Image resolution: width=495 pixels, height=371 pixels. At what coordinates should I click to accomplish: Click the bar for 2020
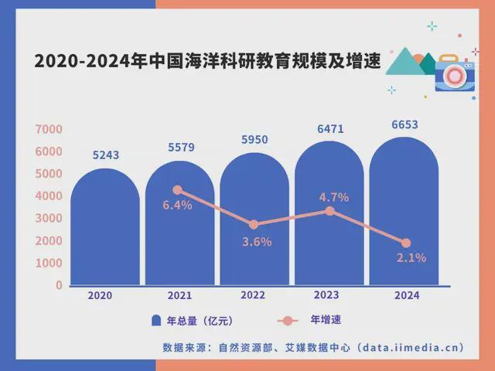pyautogui.click(x=105, y=232)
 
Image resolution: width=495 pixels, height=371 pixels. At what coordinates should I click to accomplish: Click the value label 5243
pyautogui.click(x=105, y=155)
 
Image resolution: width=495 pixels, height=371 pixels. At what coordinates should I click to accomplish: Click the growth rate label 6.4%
pyautogui.click(x=177, y=205)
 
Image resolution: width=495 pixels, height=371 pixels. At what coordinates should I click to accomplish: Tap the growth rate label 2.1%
pyautogui.click(x=411, y=258)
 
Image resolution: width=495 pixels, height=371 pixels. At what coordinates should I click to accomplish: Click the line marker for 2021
pyautogui.click(x=178, y=190)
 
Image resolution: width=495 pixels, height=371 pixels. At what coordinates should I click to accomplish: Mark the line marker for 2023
pyautogui.click(x=329, y=211)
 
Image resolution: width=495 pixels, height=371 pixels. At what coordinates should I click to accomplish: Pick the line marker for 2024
pyautogui.click(x=405, y=243)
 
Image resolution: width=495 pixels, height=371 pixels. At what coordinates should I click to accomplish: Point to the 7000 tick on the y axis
pyautogui.click(x=48, y=129)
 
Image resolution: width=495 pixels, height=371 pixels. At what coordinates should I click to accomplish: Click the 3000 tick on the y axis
pyautogui.click(x=48, y=219)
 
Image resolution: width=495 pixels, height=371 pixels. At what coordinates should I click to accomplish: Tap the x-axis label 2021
pyautogui.click(x=178, y=296)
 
